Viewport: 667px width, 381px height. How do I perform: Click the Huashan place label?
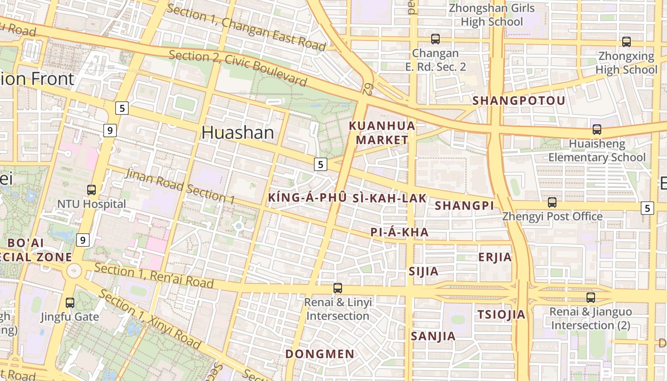pyautogui.click(x=237, y=132)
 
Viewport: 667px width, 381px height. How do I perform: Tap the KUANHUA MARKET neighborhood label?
pyautogui.click(x=382, y=133)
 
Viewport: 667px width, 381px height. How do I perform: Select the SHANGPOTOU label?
pyautogui.click(x=518, y=100)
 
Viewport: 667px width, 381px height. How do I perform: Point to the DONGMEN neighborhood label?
pyautogui.click(x=320, y=354)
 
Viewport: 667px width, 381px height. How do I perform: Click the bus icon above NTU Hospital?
pyautogui.click(x=91, y=190)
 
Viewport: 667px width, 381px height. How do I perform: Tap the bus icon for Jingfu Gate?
pyautogui.click(x=70, y=302)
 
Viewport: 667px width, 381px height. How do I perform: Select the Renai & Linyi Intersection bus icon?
pyautogui.click(x=338, y=288)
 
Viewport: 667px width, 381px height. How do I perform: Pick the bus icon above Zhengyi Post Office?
pyautogui.click(x=552, y=202)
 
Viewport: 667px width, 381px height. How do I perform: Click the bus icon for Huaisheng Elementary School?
pyautogui.click(x=596, y=129)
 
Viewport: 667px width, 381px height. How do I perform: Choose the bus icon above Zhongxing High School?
pyautogui.click(x=627, y=42)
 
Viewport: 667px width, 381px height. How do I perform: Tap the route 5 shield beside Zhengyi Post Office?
pyautogui.click(x=647, y=208)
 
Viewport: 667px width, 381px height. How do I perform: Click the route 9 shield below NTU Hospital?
pyautogui.click(x=83, y=240)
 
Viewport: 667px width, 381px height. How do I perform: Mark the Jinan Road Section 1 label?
pyautogui.click(x=180, y=186)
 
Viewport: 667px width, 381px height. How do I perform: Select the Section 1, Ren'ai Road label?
pyautogui.click(x=154, y=276)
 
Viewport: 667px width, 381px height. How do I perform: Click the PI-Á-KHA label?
pyautogui.click(x=399, y=232)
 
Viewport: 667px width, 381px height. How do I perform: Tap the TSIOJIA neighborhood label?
pyautogui.click(x=501, y=314)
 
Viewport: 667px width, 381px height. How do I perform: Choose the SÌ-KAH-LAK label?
pyautogui.click(x=389, y=198)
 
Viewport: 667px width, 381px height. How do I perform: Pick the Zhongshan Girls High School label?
pyautogui.click(x=492, y=15)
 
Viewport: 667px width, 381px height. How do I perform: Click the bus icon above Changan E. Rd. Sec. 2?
pyautogui.click(x=435, y=39)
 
